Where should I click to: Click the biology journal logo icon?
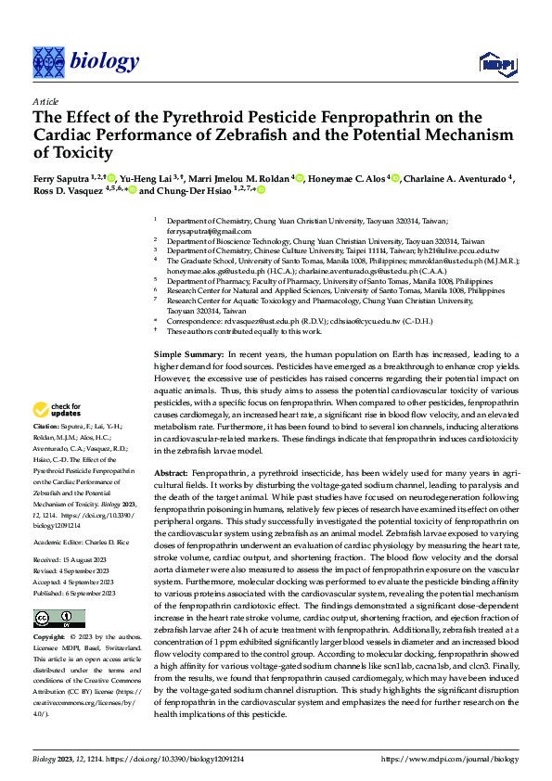click(49, 61)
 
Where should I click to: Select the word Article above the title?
click(45, 100)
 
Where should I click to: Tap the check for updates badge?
click(58, 411)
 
